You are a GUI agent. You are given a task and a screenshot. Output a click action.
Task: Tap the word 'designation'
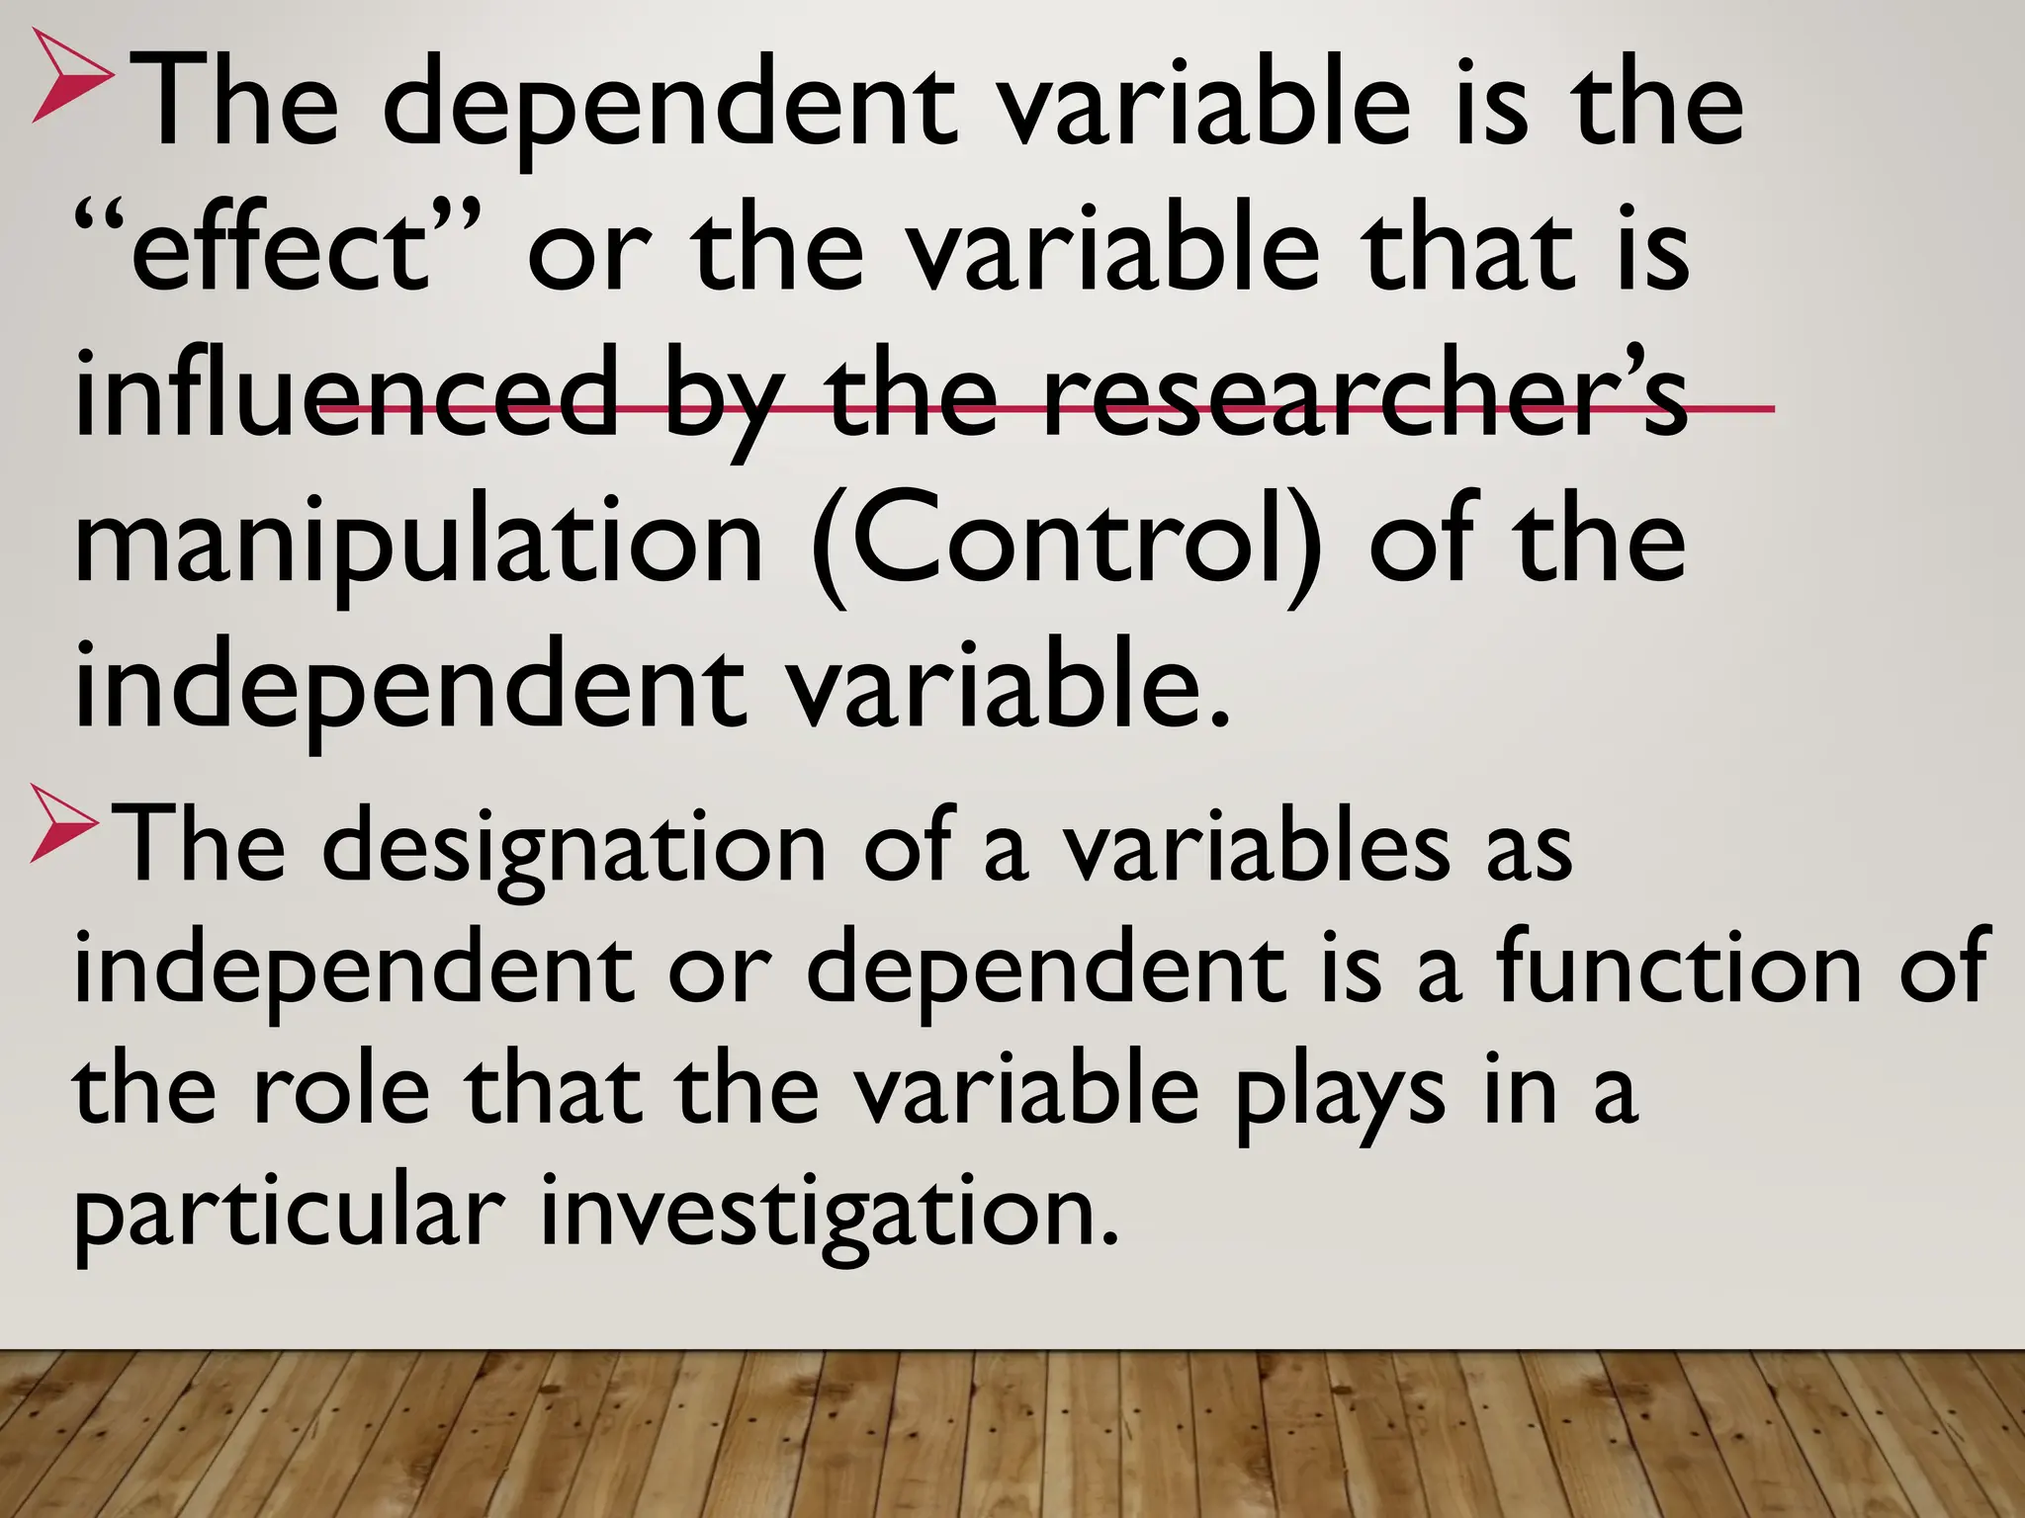tap(573, 850)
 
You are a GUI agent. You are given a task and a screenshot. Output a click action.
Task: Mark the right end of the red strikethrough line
tap(1772, 407)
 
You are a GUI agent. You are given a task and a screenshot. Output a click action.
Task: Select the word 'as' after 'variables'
tap(1528, 850)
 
